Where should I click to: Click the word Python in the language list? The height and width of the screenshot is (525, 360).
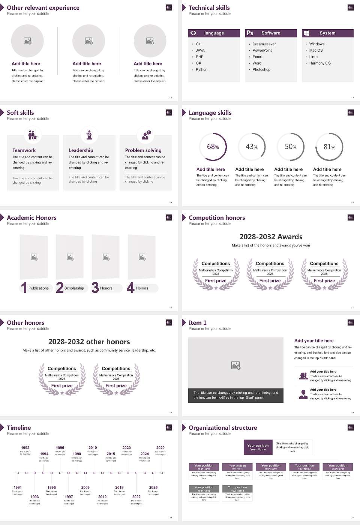pyautogui.click(x=201, y=70)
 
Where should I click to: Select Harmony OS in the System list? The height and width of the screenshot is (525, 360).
pyautogui.click(x=320, y=63)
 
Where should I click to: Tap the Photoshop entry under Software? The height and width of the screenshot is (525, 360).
pyautogui.click(x=261, y=70)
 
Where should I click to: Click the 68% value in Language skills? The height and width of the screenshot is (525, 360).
pyautogui.click(x=213, y=147)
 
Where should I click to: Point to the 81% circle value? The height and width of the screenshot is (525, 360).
pyautogui.click(x=329, y=147)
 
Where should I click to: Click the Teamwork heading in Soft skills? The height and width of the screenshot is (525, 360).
pyautogui.click(x=24, y=150)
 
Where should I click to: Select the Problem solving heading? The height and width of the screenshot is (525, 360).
pyautogui.click(x=143, y=150)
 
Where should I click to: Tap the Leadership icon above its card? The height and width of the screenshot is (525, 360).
pyautogui.click(x=89, y=135)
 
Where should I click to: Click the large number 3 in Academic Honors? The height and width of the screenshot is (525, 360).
pyautogui.click(x=95, y=288)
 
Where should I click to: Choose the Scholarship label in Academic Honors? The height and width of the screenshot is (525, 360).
pyautogui.click(x=74, y=288)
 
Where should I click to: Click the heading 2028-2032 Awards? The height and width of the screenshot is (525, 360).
pyautogui.click(x=271, y=237)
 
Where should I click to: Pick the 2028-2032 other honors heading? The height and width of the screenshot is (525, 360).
pyautogui.click(x=89, y=342)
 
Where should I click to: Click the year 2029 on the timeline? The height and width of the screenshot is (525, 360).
pyautogui.click(x=160, y=448)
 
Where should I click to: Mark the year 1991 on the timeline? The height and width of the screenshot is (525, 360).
pyautogui.click(x=18, y=488)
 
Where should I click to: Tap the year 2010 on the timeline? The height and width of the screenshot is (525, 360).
pyautogui.click(x=93, y=448)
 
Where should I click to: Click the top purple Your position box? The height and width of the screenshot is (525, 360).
pyautogui.click(x=258, y=447)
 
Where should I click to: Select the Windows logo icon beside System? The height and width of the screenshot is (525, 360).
pyautogui.click(x=306, y=33)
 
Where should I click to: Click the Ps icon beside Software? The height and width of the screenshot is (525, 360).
pyautogui.click(x=250, y=33)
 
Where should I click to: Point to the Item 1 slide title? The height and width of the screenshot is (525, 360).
pyautogui.click(x=197, y=322)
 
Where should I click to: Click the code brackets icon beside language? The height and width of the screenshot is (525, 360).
pyautogui.click(x=193, y=33)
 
